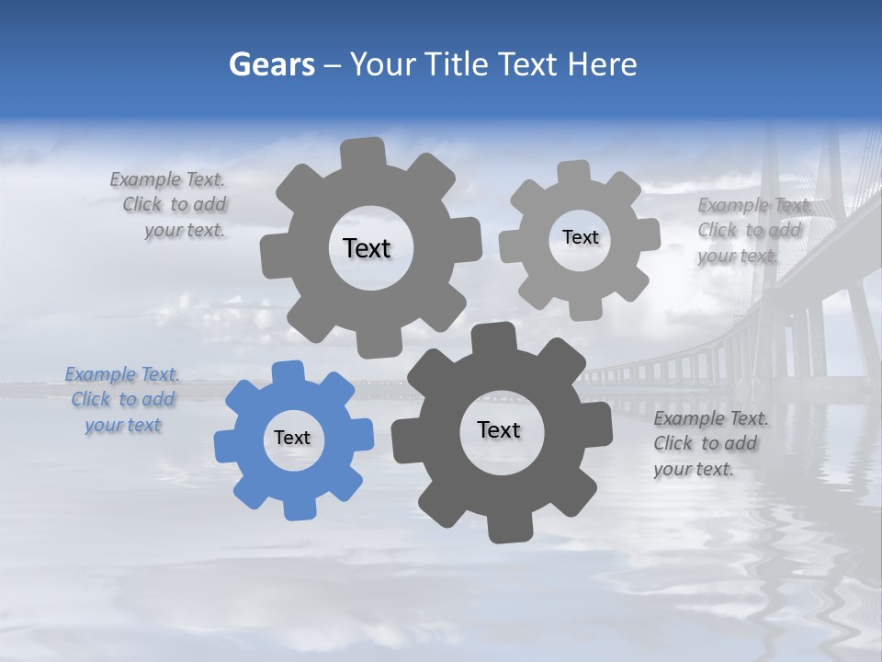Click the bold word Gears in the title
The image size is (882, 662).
271,64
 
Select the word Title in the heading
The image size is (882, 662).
457,64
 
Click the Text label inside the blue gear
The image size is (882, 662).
292,438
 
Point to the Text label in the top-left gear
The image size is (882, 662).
367,248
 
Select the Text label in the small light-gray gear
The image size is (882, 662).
580,237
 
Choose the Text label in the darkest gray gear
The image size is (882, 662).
499,429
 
